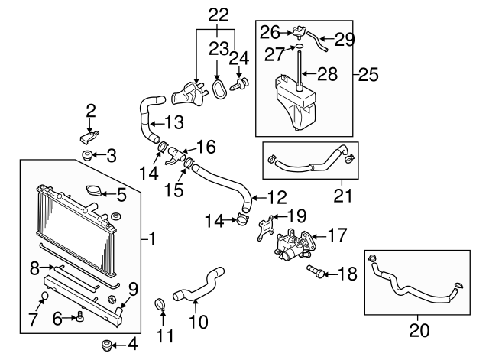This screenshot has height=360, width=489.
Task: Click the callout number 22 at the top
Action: (218, 15)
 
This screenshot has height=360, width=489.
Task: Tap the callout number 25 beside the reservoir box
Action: (368, 76)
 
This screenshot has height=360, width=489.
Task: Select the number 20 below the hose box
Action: (419, 330)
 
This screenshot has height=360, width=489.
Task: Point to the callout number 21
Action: (343, 196)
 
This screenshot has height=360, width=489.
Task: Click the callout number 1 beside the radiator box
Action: (151, 239)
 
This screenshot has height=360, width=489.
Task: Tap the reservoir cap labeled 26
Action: (295, 33)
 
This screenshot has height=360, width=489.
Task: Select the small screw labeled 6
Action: (79, 318)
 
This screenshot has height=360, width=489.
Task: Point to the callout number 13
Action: (174, 122)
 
